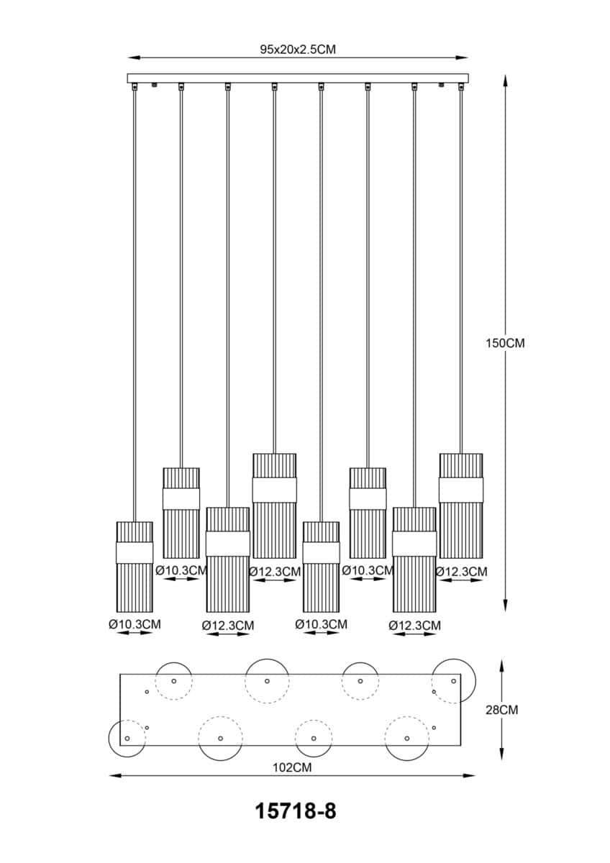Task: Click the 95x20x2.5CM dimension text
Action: pos(298,50)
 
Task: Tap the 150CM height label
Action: pos(505,343)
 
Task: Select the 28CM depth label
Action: pos(501,710)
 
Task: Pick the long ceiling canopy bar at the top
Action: pos(298,78)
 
